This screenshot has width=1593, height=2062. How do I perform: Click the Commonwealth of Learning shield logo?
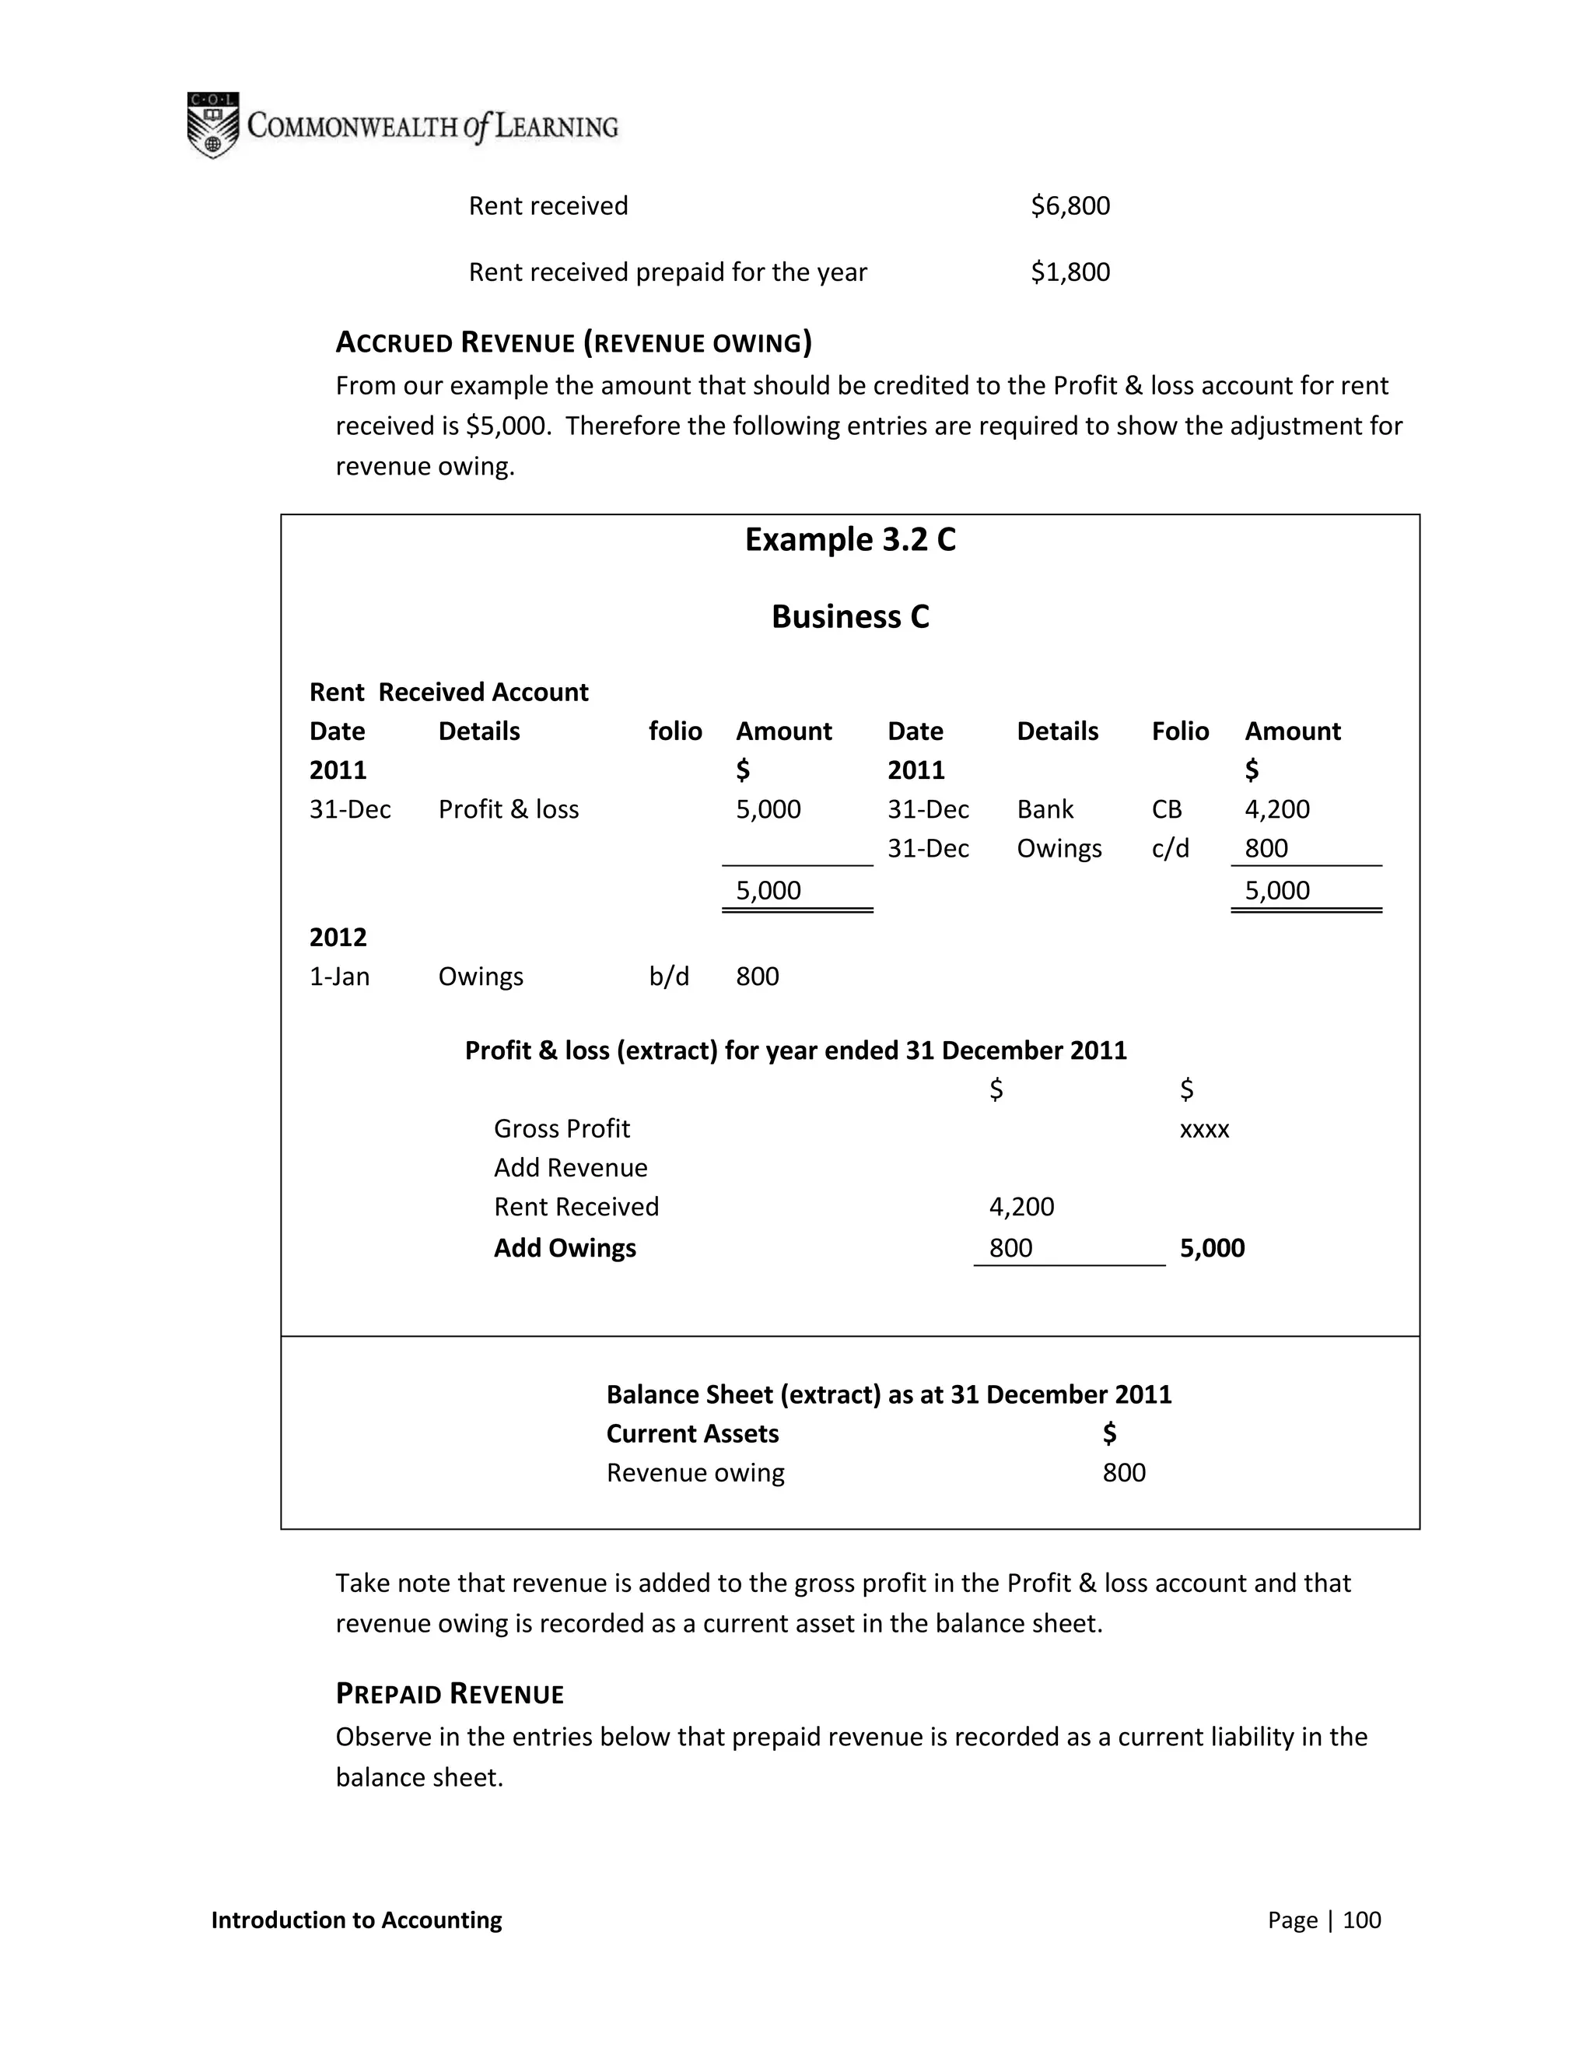coord(212,124)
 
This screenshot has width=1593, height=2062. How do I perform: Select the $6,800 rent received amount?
coord(1070,206)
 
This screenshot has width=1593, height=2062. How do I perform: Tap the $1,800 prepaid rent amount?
coord(1070,272)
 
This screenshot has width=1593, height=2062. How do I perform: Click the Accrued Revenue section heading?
coord(572,342)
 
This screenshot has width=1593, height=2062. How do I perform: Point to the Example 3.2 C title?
coord(849,539)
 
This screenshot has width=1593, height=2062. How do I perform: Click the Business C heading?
coord(849,616)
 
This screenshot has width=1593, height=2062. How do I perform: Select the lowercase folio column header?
coord(674,731)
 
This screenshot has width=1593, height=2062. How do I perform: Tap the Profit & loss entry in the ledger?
coord(508,809)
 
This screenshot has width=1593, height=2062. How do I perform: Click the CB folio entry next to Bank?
coord(1167,809)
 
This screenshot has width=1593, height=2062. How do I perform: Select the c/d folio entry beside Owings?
coord(1169,848)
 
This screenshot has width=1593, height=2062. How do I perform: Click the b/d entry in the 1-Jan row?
coord(668,977)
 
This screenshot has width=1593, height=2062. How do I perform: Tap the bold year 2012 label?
coord(338,937)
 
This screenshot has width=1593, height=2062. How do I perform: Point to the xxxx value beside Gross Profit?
coord(1204,1129)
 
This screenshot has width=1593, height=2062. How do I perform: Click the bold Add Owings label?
coord(565,1248)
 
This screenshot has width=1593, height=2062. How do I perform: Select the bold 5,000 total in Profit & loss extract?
coord(1212,1248)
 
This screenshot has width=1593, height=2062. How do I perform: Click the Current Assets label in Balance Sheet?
coord(691,1433)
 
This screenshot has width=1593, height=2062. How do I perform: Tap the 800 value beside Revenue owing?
coord(1123,1473)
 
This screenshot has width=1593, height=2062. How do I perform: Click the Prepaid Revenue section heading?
coord(450,1694)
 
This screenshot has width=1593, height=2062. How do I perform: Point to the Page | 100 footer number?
coord(1323,1920)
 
